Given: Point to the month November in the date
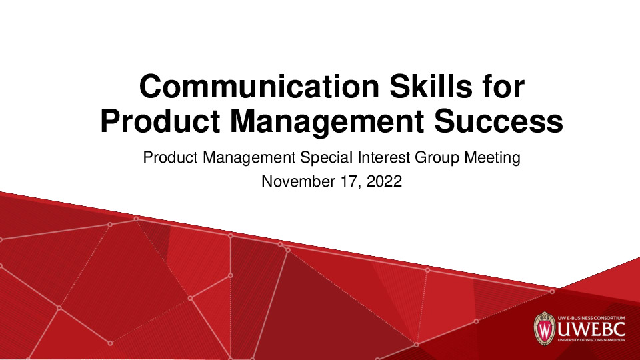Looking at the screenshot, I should (295, 181).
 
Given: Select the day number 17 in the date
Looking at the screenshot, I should (345, 181).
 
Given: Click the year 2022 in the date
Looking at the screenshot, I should (383, 181).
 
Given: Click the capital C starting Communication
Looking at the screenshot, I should (150, 88).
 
